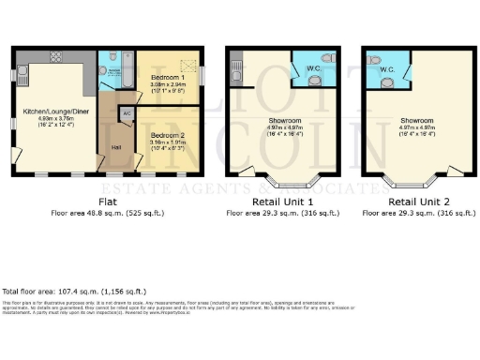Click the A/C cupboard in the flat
tap(126, 112)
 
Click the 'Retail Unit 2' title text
tap(415, 201)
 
